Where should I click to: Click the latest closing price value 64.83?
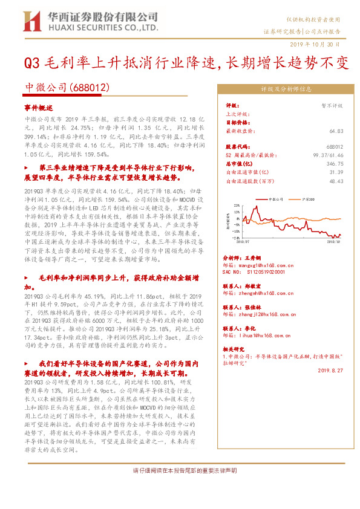point(337,129)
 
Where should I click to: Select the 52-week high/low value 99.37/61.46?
point(327,155)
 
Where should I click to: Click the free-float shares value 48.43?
point(336,180)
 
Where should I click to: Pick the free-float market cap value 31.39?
point(336,172)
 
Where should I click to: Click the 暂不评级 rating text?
point(332,105)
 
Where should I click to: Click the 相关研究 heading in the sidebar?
point(235,349)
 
